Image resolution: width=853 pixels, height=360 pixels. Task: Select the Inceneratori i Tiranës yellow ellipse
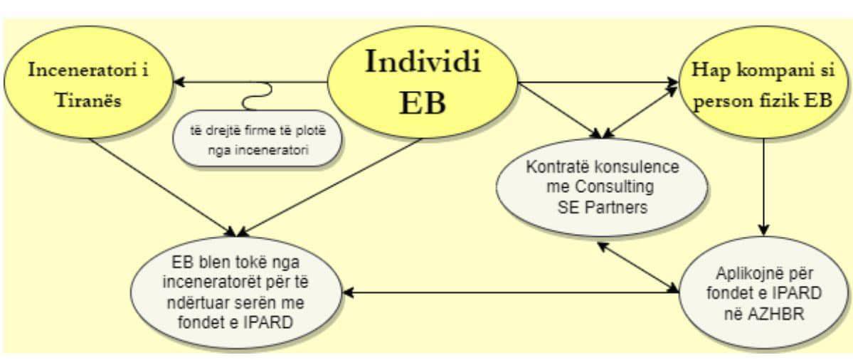[90, 85]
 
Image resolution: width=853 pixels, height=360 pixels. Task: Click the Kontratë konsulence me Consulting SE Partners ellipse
[600, 187]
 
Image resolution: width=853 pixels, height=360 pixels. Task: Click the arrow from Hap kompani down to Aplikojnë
[763, 185]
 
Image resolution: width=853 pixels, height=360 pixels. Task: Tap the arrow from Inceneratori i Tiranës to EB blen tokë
[164, 186]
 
